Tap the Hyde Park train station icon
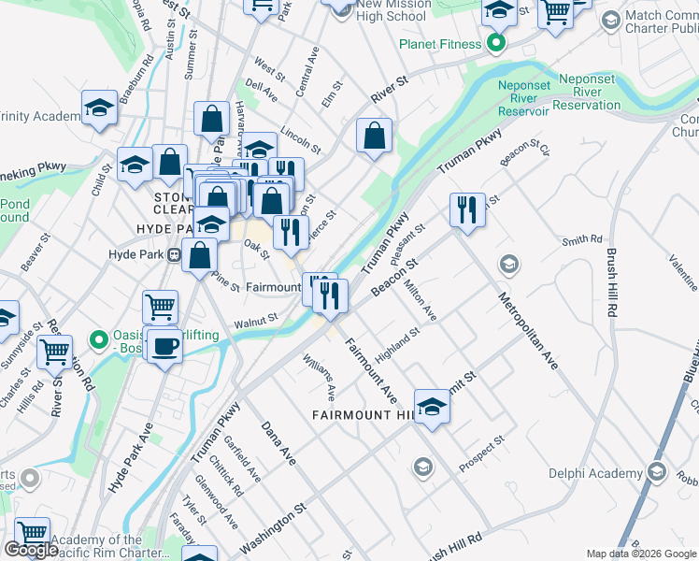click(173, 254)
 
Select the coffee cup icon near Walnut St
click(164, 346)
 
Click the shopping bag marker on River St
click(374, 137)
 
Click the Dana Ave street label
click(278, 443)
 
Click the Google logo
click(31, 550)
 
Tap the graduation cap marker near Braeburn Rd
click(99, 109)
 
